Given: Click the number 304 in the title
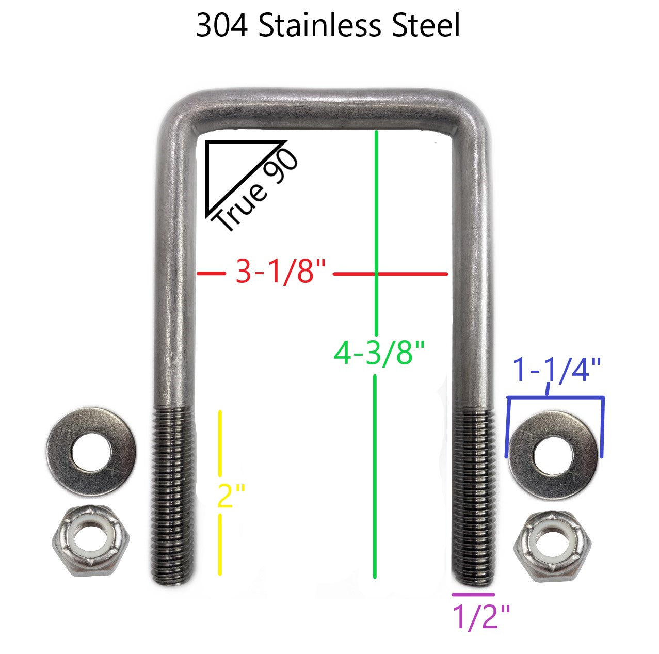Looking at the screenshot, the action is [x=221, y=26].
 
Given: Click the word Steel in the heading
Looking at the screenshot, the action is [x=425, y=26].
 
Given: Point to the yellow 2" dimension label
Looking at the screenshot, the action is [x=231, y=495].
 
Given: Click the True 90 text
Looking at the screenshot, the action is [x=256, y=190].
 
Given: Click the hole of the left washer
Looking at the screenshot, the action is [x=92, y=452].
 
